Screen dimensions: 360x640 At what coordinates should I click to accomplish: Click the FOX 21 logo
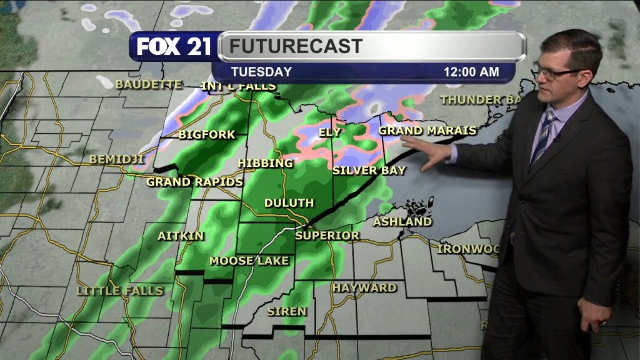click(174, 46)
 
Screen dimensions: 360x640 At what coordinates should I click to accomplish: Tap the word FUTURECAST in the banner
click(295, 46)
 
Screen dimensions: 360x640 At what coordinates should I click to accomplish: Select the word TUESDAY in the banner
click(261, 72)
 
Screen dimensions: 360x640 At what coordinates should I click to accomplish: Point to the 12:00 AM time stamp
click(471, 72)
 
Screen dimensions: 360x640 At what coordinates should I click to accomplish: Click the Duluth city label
click(289, 203)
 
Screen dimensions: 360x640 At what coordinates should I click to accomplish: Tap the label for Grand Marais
click(427, 131)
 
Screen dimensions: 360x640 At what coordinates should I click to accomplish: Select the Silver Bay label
click(369, 170)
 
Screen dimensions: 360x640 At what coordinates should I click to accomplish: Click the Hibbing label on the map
click(266, 163)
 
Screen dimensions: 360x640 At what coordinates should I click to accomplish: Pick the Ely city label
click(330, 132)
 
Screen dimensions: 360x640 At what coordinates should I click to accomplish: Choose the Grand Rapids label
click(194, 182)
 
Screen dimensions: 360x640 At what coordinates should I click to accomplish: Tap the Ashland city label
click(402, 221)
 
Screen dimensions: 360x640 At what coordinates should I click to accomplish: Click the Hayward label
click(364, 287)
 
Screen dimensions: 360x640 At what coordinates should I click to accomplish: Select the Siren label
click(287, 311)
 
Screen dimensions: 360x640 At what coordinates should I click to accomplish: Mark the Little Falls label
click(119, 291)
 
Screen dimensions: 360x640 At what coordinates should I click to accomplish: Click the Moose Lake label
click(249, 261)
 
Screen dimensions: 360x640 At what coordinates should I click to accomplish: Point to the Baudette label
click(149, 84)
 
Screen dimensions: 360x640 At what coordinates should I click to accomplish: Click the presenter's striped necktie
click(541, 138)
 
